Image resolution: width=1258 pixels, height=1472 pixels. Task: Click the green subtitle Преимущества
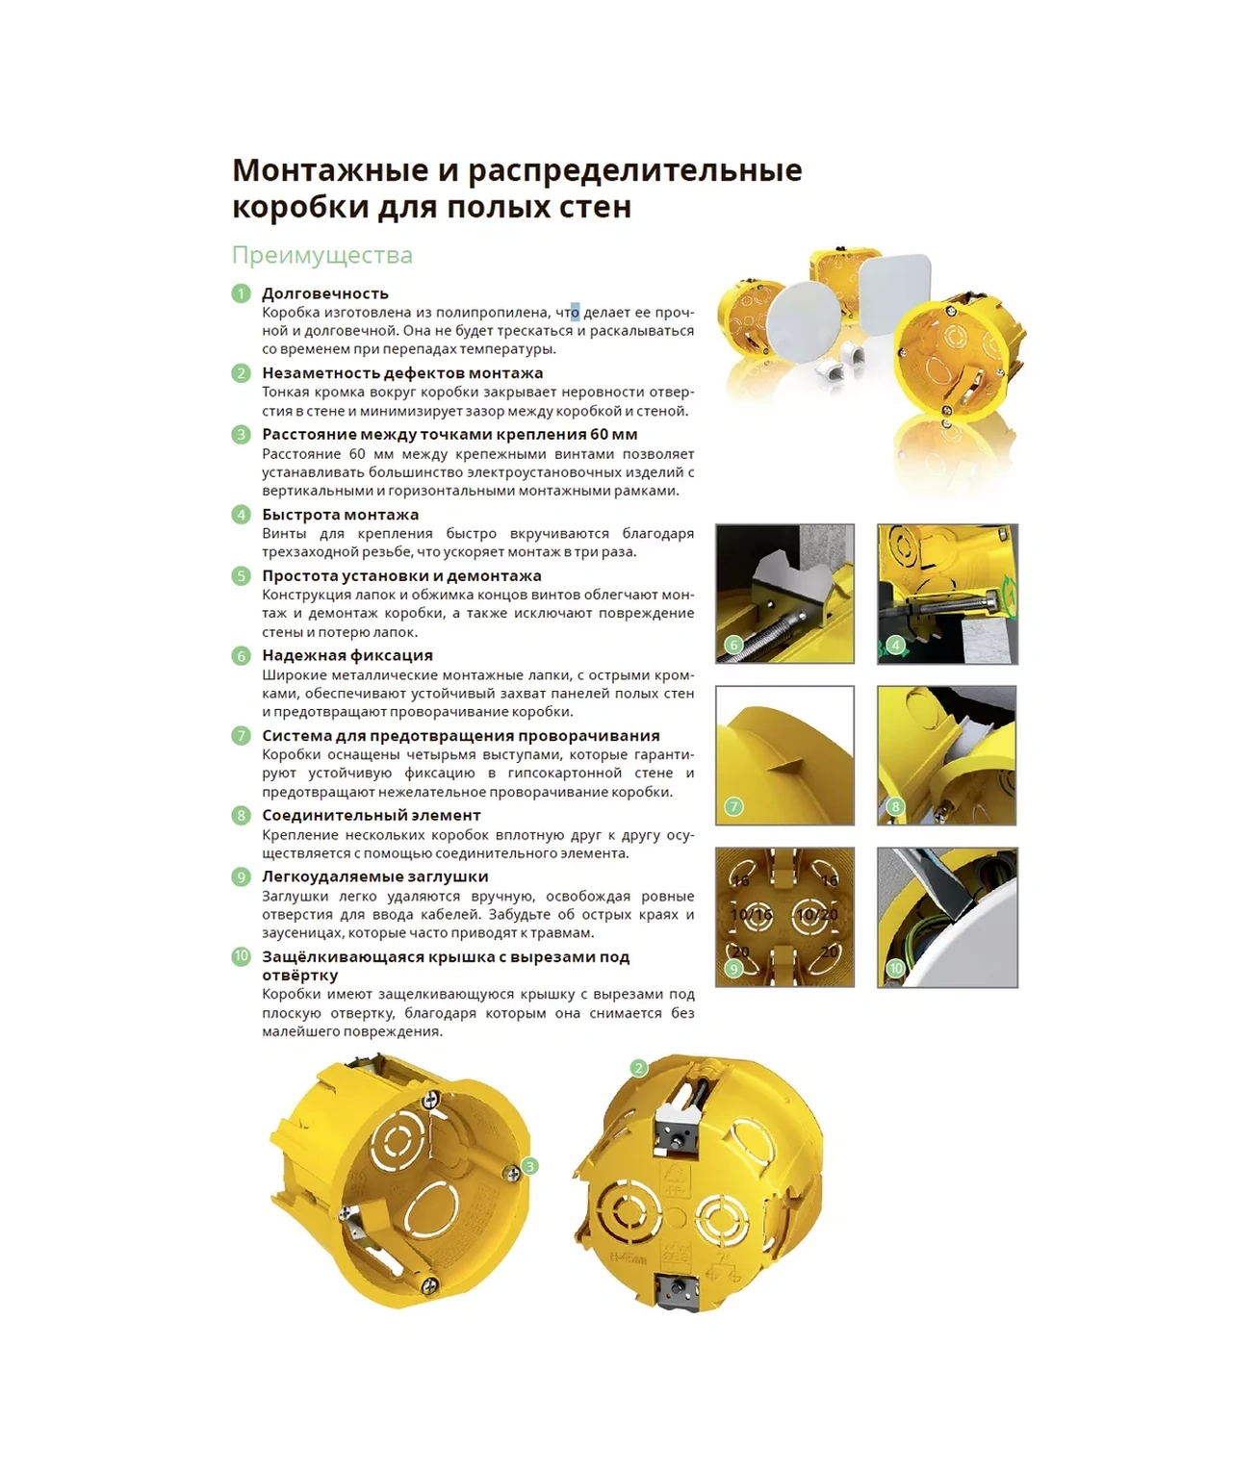point(321,255)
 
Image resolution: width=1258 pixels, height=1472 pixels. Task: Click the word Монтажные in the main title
point(330,170)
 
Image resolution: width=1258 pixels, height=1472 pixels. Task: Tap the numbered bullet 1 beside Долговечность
point(241,293)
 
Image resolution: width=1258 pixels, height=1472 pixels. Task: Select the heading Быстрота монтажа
point(340,515)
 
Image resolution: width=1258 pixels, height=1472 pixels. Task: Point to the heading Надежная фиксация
point(347,655)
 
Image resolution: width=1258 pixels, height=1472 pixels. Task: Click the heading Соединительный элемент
point(371,815)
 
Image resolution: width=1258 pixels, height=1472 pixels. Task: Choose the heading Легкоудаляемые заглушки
point(374,876)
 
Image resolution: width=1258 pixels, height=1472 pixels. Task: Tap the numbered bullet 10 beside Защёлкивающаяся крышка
point(241,956)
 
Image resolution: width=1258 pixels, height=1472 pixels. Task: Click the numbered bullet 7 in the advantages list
point(241,736)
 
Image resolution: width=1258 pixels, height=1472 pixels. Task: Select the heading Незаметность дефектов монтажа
point(402,373)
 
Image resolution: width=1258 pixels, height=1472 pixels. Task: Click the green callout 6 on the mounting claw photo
point(733,645)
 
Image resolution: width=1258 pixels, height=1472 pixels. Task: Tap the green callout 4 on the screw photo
point(895,645)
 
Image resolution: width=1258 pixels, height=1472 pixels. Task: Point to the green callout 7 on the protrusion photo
point(733,806)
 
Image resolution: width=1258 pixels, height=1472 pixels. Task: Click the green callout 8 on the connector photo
point(895,806)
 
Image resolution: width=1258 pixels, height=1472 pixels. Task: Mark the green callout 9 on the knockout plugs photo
point(733,968)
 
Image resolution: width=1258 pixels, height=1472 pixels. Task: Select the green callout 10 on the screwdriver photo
point(895,968)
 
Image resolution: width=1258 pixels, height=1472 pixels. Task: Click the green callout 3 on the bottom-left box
point(529,1166)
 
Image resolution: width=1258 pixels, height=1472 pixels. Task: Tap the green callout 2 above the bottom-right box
point(638,1068)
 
